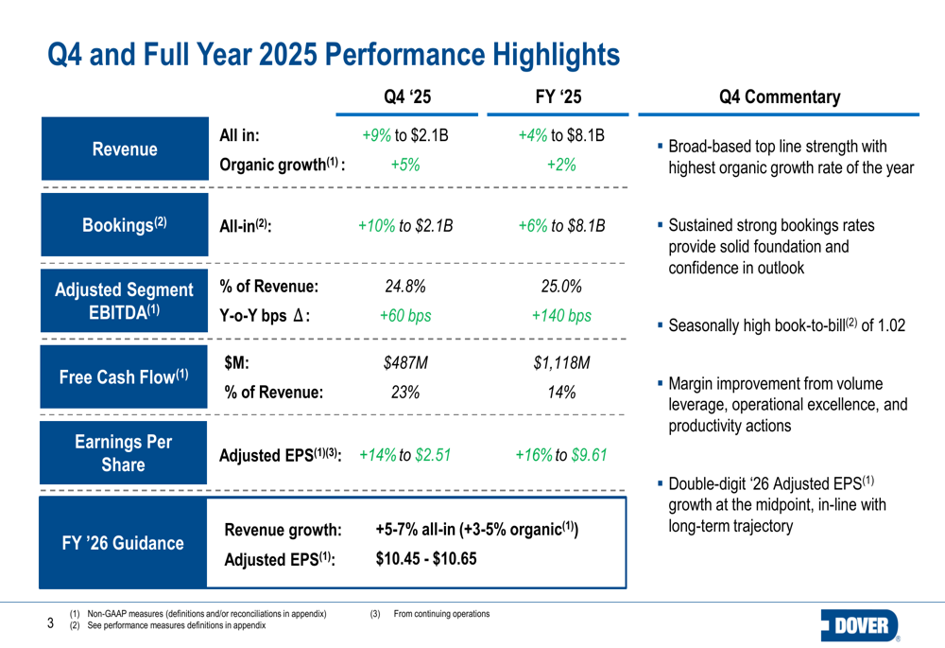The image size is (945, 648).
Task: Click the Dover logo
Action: pyautogui.click(x=862, y=625)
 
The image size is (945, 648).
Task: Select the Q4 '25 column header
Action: pyautogui.click(x=408, y=97)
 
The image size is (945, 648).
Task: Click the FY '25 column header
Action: pyautogui.click(x=558, y=97)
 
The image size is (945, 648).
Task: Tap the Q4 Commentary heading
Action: pyautogui.click(x=779, y=97)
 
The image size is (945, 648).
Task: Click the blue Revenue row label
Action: pyautogui.click(x=124, y=149)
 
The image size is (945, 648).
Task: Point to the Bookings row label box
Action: pyautogui.click(x=124, y=225)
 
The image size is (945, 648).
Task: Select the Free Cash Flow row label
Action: pyautogui.click(x=124, y=377)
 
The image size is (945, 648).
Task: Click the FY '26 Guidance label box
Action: pyautogui.click(x=124, y=543)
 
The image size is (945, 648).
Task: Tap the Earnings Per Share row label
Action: pyautogui.click(x=124, y=454)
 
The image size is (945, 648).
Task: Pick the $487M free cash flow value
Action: pyautogui.click(x=406, y=363)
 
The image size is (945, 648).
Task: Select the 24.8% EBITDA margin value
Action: pyautogui.click(x=405, y=288)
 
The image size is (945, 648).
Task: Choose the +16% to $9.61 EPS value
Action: pyautogui.click(x=561, y=455)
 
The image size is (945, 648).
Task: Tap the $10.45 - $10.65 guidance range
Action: pyautogui.click(x=425, y=558)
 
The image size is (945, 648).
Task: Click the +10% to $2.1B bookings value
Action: pyautogui.click(x=405, y=226)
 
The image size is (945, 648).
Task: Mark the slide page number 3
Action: pyautogui.click(x=51, y=622)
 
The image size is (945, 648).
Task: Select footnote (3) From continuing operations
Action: pyautogui.click(x=431, y=615)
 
